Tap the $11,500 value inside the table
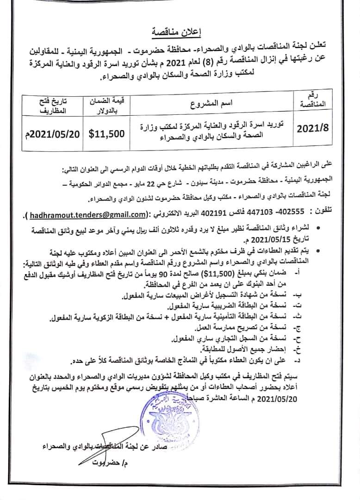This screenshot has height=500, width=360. [x=106, y=134]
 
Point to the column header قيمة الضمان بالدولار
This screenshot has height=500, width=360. [x=106, y=105]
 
